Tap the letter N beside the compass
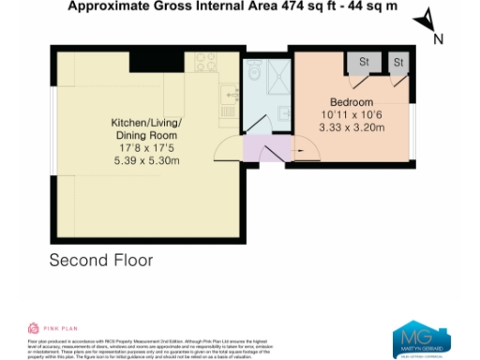click(x=438, y=38)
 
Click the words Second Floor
click(x=100, y=260)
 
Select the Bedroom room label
click(x=352, y=102)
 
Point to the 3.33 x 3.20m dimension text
click(x=352, y=128)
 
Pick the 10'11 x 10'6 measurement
click(x=352, y=115)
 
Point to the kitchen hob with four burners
click(x=204, y=63)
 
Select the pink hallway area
click(x=267, y=148)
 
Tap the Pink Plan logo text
click(x=49, y=329)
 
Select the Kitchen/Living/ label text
click(x=146, y=123)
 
